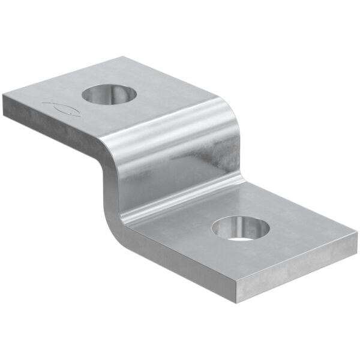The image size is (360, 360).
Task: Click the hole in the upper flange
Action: click(110, 94)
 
